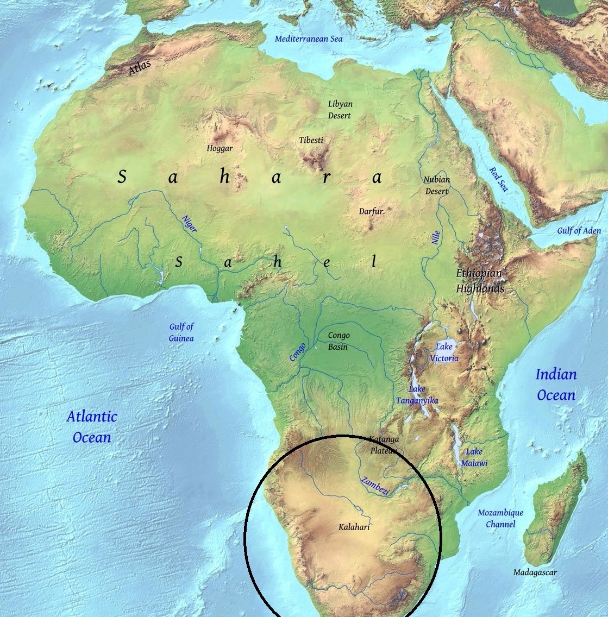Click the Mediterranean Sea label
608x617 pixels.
tap(308, 39)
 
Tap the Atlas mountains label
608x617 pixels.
tap(140, 68)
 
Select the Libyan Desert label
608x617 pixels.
tap(340, 110)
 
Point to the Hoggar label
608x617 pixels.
tap(220, 148)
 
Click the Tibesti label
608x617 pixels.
tap(311, 140)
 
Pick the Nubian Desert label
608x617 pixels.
tap(437, 185)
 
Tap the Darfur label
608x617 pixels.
tap(371, 211)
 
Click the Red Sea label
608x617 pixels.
tap(498, 179)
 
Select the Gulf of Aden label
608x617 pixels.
tap(579, 231)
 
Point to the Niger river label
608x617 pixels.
tap(189, 223)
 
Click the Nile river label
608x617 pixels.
tap(436, 237)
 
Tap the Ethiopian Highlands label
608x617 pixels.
tap(479, 281)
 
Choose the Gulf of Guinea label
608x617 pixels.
tap(181, 332)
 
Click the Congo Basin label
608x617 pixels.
tap(339, 341)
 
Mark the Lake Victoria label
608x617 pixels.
tap(447, 352)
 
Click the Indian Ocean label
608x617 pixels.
tap(556, 385)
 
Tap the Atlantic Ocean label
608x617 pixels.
tap(92, 427)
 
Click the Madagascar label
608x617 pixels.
tap(535, 572)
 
